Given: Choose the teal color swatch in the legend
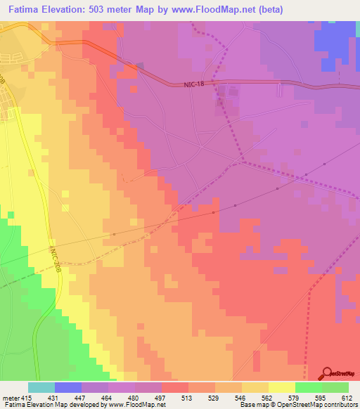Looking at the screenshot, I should [41, 387].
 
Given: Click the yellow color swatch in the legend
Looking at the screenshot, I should [282, 387].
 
